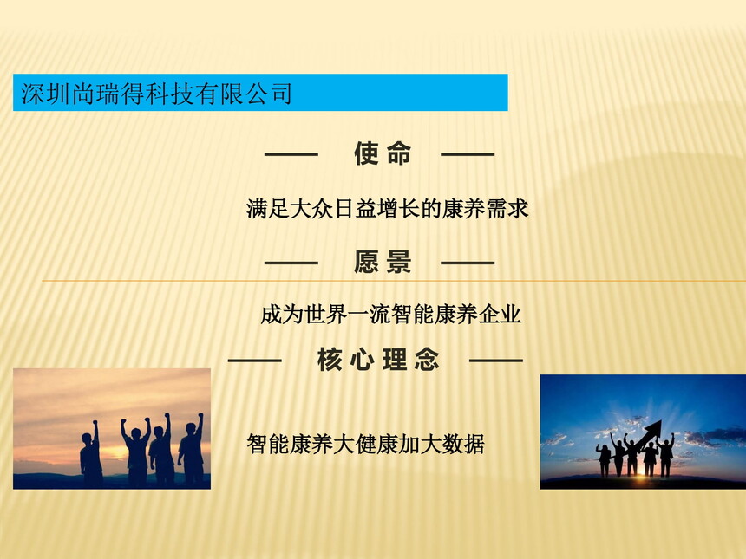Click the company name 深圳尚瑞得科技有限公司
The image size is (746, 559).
click(x=156, y=93)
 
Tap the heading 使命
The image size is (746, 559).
click(x=383, y=153)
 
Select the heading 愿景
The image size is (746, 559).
click(x=383, y=262)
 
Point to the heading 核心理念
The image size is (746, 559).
click(x=378, y=360)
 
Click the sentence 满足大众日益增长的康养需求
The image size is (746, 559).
click(x=387, y=209)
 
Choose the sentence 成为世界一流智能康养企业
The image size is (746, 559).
click(x=390, y=315)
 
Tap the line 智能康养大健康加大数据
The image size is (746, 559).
click(x=365, y=444)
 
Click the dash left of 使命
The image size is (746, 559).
click(x=291, y=154)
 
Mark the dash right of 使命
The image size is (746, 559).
click(x=468, y=154)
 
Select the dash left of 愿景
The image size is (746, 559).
click(x=291, y=263)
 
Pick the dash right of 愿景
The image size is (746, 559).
click(x=468, y=263)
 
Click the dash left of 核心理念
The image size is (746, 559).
click(x=254, y=361)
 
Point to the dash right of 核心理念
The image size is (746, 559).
click(x=496, y=361)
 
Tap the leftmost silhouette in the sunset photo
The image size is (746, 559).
click(x=91, y=453)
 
